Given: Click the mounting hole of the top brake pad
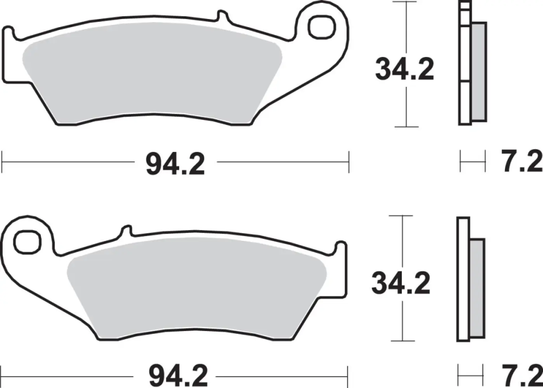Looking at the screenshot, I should (x=322, y=26).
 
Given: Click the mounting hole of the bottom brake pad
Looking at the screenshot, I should (x=27, y=242).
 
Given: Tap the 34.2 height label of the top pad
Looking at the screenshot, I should (x=404, y=70).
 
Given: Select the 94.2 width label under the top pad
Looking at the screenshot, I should (x=175, y=165).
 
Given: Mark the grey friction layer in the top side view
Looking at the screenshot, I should (x=479, y=72).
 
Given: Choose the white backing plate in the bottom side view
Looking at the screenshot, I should (x=463, y=279).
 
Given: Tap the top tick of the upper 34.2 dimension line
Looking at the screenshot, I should (x=406, y=2).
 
